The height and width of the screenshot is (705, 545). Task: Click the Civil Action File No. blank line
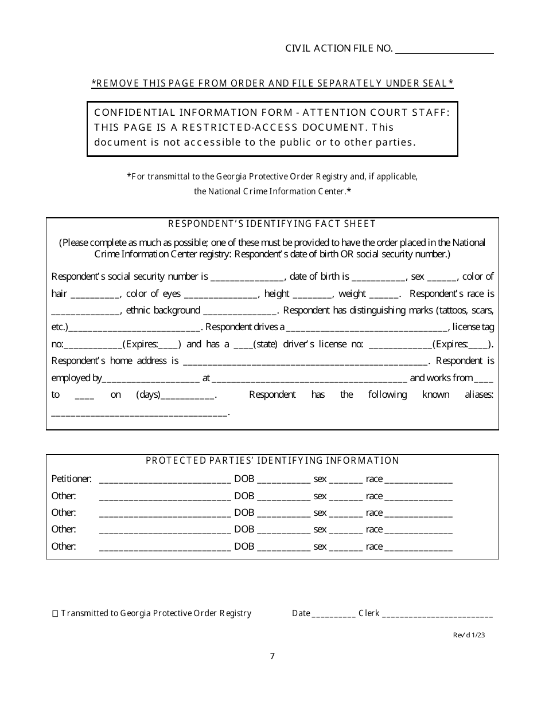coord(445,50)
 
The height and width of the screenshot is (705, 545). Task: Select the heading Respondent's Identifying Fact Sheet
coord(272,224)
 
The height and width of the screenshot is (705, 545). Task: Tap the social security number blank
coord(247,277)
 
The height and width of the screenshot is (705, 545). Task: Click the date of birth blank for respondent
coord(378,277)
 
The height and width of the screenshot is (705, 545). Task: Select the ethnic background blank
coord(240,311)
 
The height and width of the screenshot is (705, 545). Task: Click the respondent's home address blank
coord(305,362)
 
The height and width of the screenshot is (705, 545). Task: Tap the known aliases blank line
coord(139,412)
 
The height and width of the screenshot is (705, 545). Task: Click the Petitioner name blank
coord(165,480)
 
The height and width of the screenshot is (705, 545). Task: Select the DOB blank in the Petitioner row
coord(283,480)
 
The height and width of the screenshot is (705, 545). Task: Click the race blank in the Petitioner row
coord(418,480)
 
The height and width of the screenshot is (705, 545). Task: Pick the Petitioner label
coord(71,479)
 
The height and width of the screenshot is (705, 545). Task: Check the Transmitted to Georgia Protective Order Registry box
coord(55,614)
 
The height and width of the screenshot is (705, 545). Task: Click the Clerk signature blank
coord(437,614)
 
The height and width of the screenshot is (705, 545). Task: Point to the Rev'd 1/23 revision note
coord(472,634)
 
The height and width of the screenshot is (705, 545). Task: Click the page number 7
coord(272,656)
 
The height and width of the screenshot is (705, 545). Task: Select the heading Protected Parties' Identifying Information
coord(272,460)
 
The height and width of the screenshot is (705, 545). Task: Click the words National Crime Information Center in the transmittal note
coord(270,191)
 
